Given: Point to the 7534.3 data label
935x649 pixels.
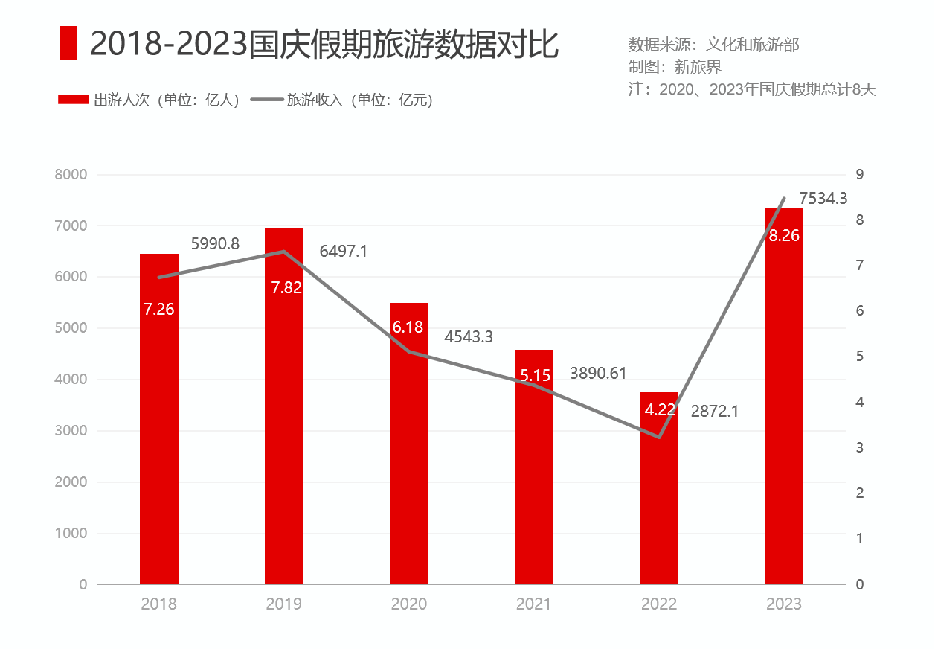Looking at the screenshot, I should click(x=823, y=198).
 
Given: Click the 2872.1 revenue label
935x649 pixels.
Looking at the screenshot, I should click(x=715, y=411).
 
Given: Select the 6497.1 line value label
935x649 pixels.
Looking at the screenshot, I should click(x=344, y=252).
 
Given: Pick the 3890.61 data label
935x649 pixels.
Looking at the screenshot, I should click(x=599, y=374).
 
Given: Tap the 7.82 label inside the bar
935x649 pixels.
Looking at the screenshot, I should click(x=286, y=287).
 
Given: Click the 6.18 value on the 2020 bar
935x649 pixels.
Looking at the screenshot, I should click(x=408, y=327).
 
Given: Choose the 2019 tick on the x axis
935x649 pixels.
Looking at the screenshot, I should click(x=284, y=604).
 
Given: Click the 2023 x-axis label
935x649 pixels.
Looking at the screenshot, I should click(x=784, y=604).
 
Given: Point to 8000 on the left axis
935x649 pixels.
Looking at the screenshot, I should click(x=71, y=175).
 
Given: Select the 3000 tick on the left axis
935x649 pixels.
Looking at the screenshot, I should click(x=71, y=431).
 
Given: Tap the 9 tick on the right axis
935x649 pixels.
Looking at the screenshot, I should click(x=860, y=175).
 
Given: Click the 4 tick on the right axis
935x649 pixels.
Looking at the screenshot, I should click(x=860, y=403).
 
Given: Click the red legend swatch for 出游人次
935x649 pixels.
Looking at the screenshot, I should click(x=74, y=100).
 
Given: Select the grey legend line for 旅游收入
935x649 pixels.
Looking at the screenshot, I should click(x=267, y=100).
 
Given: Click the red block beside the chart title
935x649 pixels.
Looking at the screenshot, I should click(x=68, y=43).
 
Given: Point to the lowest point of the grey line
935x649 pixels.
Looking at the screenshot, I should click(x=659, y=437).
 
